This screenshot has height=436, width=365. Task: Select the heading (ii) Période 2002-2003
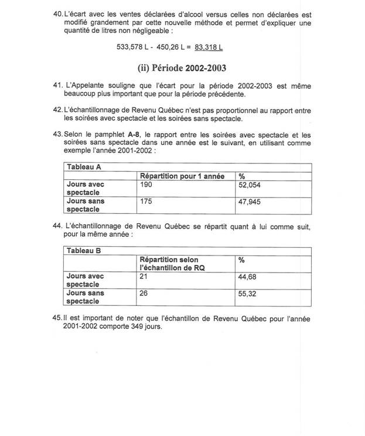(x=182, y=68)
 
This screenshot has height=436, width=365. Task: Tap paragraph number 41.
(x=57, y=86)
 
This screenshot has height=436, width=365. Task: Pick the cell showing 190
(x=146, y=185)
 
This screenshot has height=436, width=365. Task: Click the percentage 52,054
(x=249, y=185)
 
